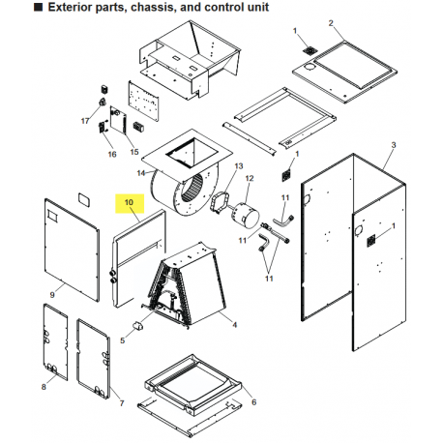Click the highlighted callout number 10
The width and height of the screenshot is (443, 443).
(127, 204)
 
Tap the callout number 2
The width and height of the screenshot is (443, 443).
(330, 23)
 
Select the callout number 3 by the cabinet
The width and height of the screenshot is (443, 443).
(394, 144)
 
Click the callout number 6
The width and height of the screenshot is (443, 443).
(252, 401)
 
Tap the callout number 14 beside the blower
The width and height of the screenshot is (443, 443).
(139, 173)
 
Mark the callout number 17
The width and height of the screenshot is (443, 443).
(84, 121)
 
